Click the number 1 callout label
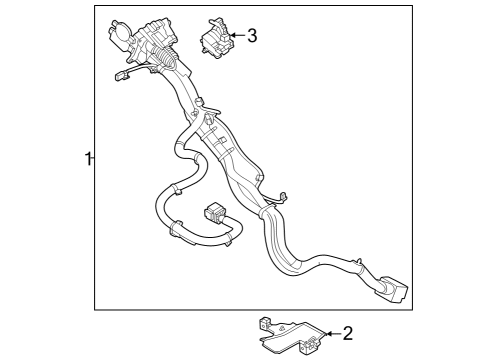point(87,158)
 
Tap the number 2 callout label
point(347,333)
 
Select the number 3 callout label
point(251,36)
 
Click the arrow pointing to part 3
point(236,36)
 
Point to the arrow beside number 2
point(331,333)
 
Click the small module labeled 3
point(213,39)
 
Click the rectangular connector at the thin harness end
point(214,214)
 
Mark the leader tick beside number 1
point(93,158)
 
